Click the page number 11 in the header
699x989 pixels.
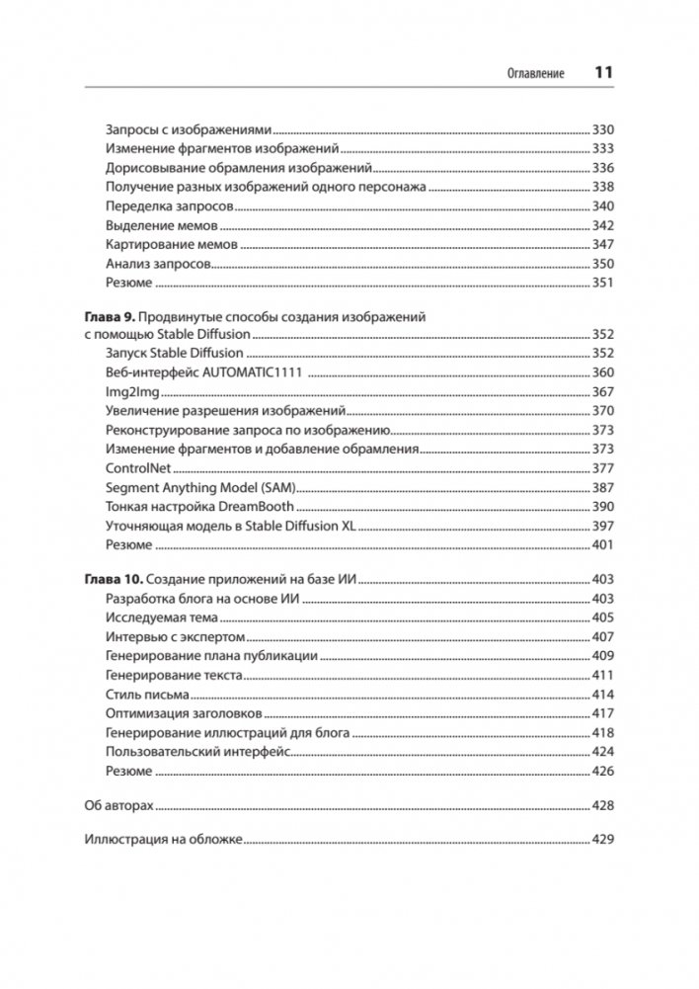(603, 73)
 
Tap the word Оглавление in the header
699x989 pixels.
(535, 74)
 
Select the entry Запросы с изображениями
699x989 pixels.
(188, 129)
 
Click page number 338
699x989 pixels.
(603, 187)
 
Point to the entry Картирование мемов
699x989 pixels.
(171, 244)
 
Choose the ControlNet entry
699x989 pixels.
(136, 467)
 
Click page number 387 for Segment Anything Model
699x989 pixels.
(603, 487)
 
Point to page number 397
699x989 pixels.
(603, 526)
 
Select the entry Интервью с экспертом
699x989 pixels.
(175, 637)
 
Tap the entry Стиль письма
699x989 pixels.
(147, 695)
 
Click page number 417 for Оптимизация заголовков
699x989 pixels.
(603, 713)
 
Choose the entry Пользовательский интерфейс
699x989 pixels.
(196, 752)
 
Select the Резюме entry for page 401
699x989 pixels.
(128, 544)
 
